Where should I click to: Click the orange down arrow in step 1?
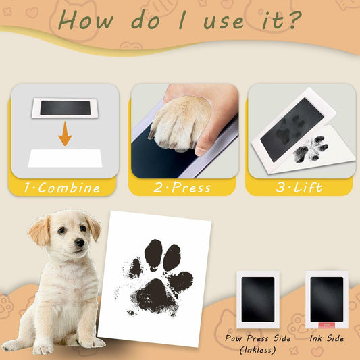pyautogui.click(x=65, y=134)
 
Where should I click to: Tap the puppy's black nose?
pyautogui.click(x=80, y=242)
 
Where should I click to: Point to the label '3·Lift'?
pyautogui.click(x=299, y=188)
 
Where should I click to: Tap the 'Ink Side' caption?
pyautogui.click(x=326, y=337)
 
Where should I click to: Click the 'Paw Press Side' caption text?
pyautogui.click(x=259, y=337)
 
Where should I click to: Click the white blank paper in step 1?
pyautogui.click(x=65, y=159)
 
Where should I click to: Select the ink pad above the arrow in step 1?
pyautogui.click(x=65, y=108)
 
